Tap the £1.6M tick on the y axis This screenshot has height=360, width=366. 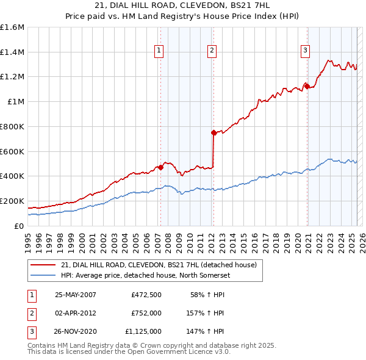point(12,27)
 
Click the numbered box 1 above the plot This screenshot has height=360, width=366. point(159,51)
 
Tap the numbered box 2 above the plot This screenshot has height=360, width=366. point(212,51)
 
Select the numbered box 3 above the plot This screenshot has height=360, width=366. point(305,51)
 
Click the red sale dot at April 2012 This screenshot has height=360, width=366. point(213,132)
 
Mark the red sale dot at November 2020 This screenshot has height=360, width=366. point(307,86)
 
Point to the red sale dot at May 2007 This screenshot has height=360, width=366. point(160,167)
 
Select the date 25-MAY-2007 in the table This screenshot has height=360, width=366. point(76,295)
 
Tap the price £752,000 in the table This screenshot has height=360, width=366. point(146,313)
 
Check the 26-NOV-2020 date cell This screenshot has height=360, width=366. point(76,331)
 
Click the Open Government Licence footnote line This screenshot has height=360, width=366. point(129,352)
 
